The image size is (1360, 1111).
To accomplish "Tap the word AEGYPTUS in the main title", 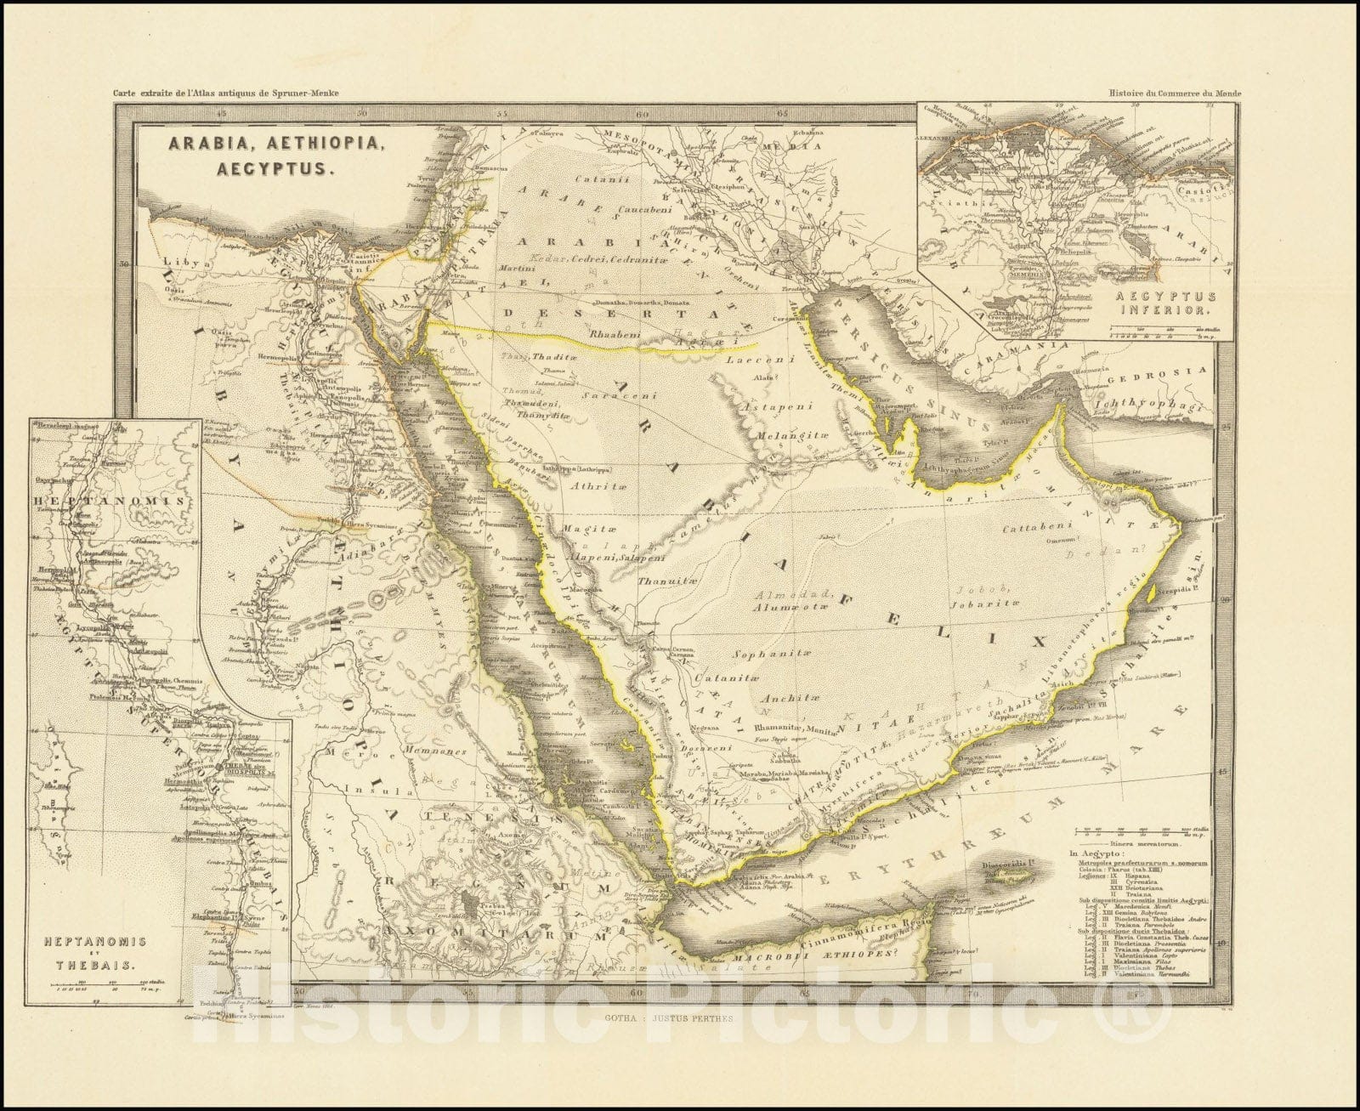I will coord(241,168).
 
